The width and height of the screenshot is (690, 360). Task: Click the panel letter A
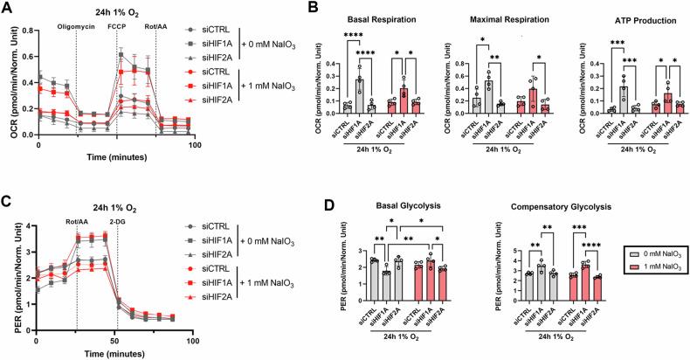pos(6,7)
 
